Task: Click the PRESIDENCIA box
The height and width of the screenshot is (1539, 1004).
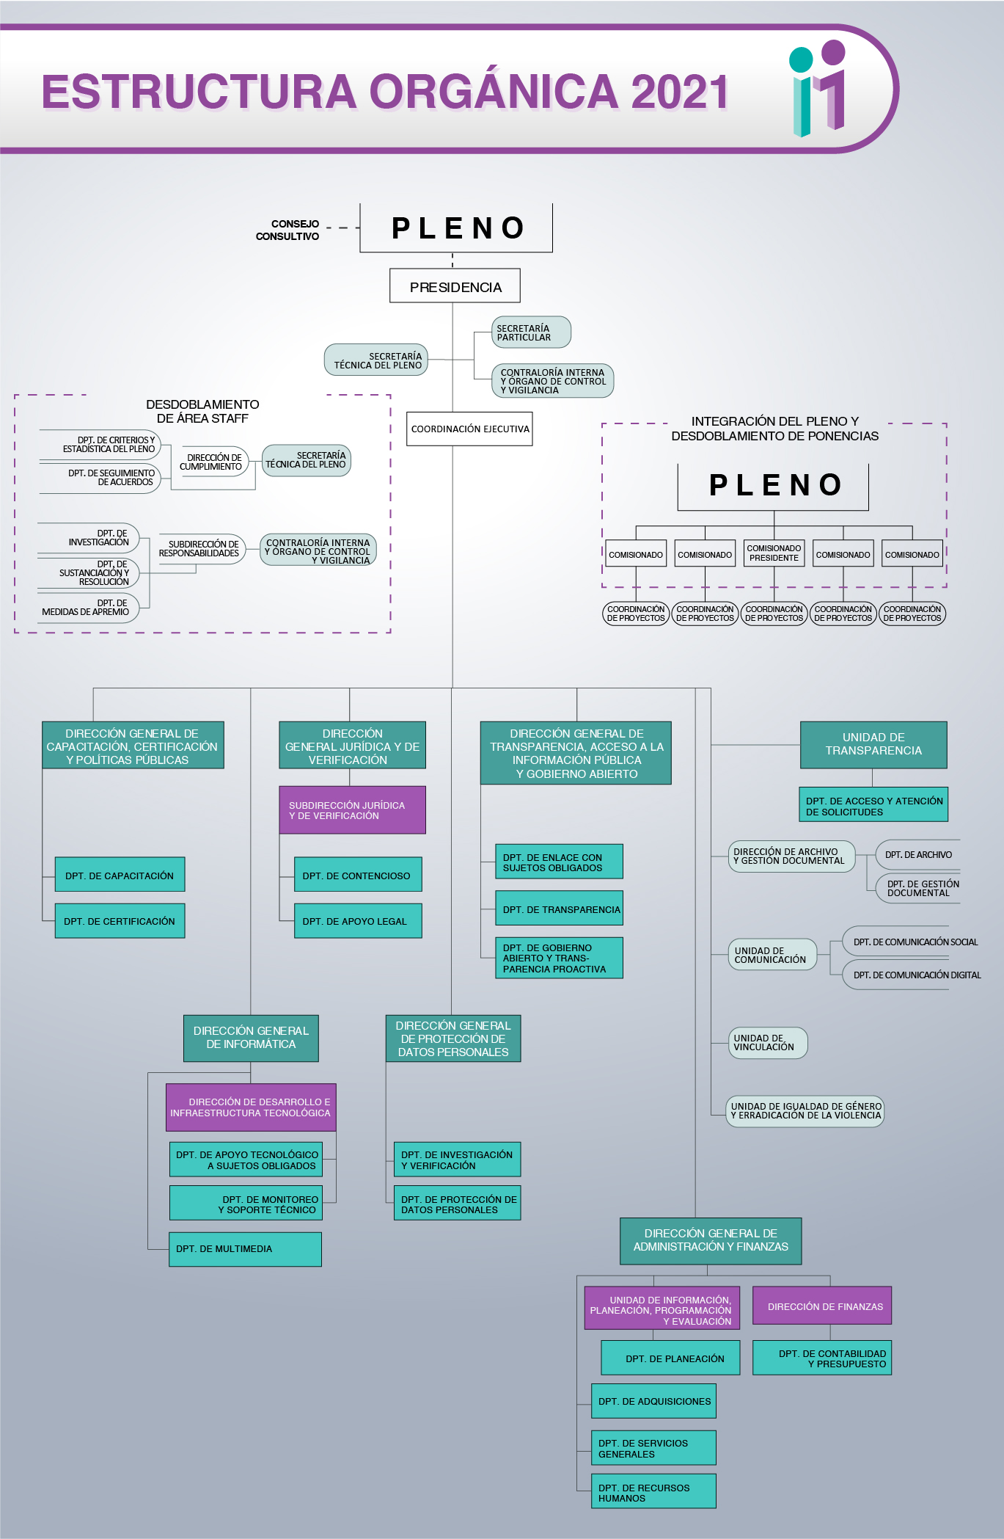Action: (x=455, y=286)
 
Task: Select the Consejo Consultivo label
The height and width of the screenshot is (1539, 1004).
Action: (x=287, y=230)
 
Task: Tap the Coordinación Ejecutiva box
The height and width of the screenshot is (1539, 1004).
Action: (x=469, y=429)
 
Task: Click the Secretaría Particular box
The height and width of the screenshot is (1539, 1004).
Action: (x=530, y=332)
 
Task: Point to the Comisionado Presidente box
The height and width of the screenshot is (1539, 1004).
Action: (x=774, y=553)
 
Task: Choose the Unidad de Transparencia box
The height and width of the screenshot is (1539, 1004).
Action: (x=873, y=744)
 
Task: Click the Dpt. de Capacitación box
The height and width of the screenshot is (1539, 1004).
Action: (x=120, y=875)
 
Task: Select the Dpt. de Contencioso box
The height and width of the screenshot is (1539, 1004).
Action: (x=357, y=875)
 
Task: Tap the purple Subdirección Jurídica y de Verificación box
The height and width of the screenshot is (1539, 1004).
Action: (x=352, y=810)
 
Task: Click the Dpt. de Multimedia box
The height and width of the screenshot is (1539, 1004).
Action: (x=245, y=1248)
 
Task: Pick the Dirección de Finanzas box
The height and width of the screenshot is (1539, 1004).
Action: (x=822, y=1306)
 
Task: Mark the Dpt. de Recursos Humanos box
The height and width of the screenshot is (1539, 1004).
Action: (x=653, y=1492)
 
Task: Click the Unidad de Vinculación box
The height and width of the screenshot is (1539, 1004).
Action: (x=766, y=1042)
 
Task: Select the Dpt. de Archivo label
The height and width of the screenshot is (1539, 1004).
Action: (x=917, y=854)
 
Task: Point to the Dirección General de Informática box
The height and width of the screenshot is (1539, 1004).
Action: (x=251, y=1038)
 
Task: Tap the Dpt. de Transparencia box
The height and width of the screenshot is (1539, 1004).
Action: (x=559, y=909)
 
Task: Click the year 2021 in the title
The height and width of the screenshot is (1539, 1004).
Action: (x=679, y=92)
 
